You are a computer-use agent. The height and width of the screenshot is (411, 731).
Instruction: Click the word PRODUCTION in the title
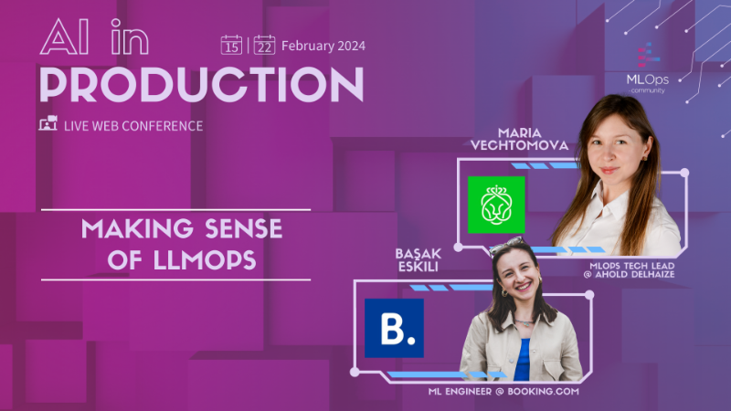pyautogui.click(x=201, y=85)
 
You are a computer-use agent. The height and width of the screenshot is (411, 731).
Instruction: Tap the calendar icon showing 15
pyautogui.click(x=231, y=45)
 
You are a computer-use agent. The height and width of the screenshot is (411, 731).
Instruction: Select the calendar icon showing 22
pyautogui.click(x=264, y=45)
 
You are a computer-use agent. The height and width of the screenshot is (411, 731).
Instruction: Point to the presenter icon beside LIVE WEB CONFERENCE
pyautogui.click(x=48, y=124)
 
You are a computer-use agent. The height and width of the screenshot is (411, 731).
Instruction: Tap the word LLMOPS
pyautogui.click(x=196, y=260)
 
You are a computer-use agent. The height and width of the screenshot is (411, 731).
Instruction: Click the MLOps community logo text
pyautogui.click(x=647, y=79)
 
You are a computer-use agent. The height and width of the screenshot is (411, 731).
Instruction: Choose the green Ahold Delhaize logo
pyautogui.click(x=496, y=205)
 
